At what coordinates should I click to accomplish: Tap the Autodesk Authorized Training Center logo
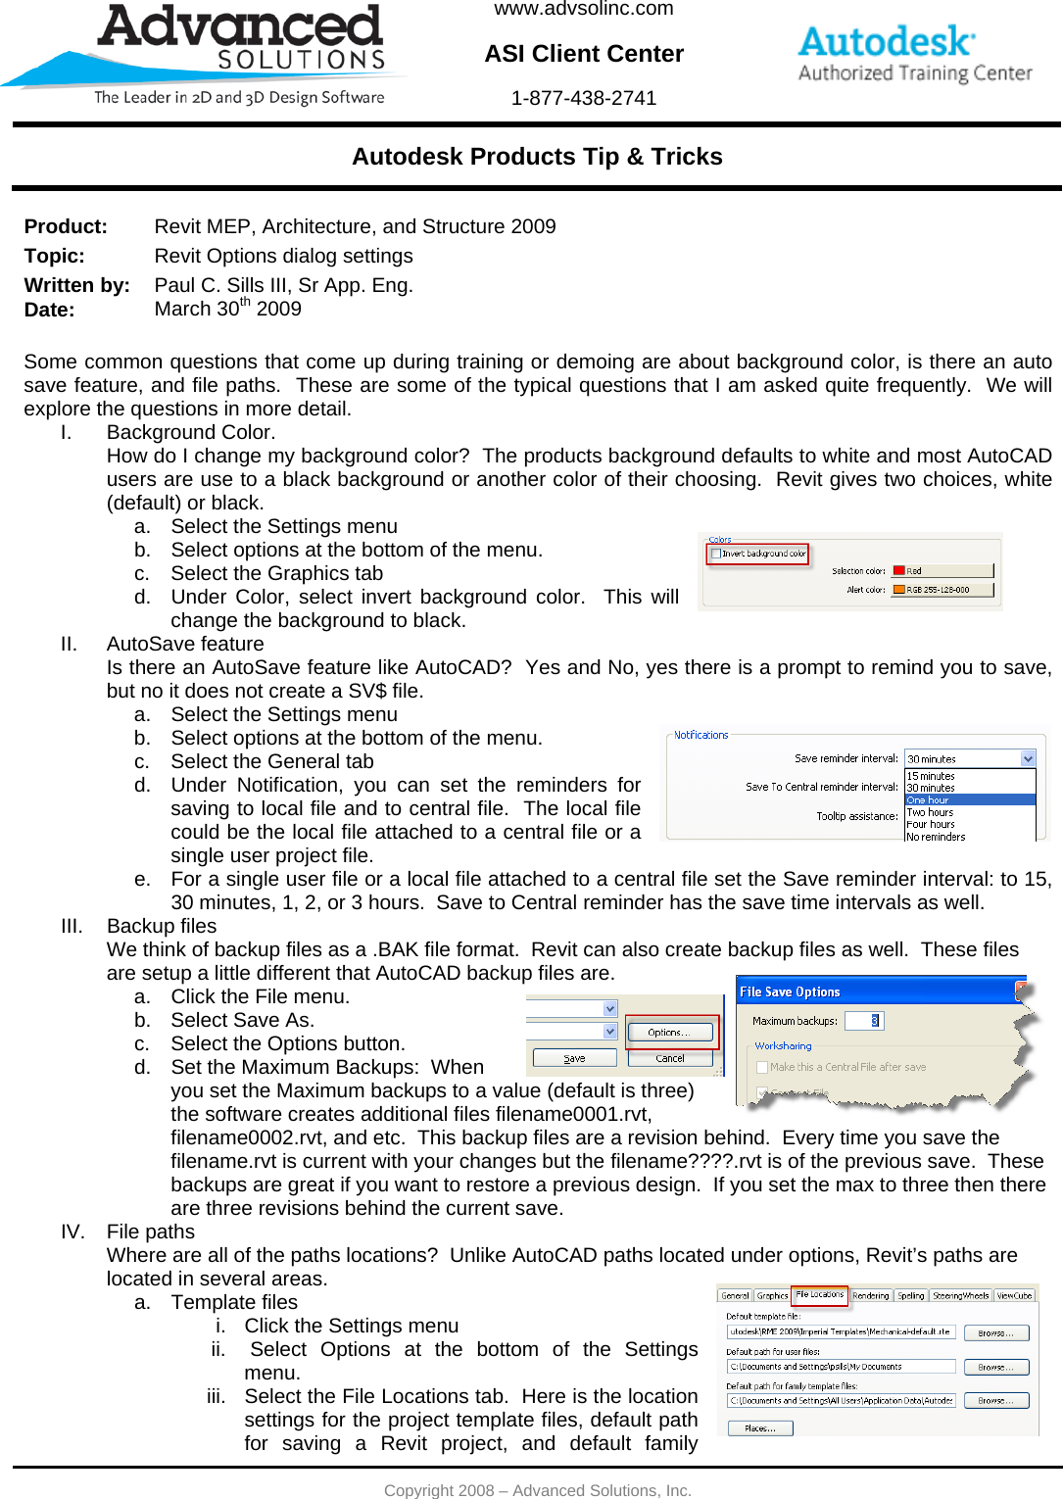[x=913, y=54]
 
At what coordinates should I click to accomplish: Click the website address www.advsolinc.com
[x=583, y=9]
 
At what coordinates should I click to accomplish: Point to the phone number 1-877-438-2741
[x=583, y=98]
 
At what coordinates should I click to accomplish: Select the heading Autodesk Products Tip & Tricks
[x=537, y=157]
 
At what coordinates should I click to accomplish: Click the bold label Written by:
[x=76, y=285]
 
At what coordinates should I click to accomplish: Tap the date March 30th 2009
[x=227, y=309]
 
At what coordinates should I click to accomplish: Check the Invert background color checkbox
[x=715, y=554]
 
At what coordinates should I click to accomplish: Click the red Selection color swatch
[x=898, y=571]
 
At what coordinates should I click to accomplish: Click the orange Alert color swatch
[x=898, y=590]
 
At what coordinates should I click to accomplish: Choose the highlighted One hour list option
[x=969, y=800]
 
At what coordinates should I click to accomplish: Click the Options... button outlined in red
[x=670, y=1033]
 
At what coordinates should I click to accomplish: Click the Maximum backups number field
[x=863, y=1021]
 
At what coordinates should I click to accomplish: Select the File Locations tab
[x=819, y=1295]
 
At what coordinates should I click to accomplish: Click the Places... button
[x=759, y=1428]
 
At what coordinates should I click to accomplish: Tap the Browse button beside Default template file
[x=995, y=1332]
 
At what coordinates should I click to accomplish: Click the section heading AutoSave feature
[x=185, y=644]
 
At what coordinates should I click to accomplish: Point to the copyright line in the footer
[x=537, y=1490]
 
